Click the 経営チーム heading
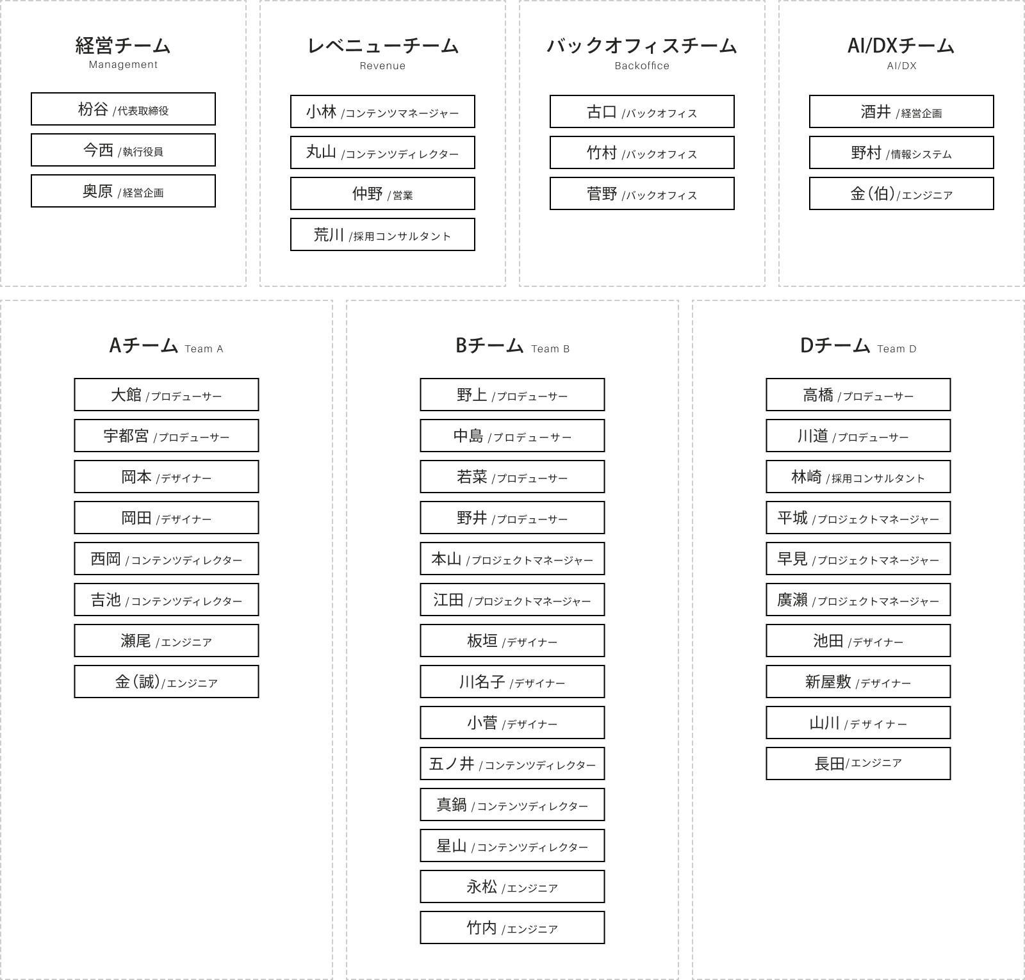tap(123, 45)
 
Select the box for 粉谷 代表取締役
tap(123, 109)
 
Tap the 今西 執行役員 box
tap(123, 150)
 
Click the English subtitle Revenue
tap(382, 65)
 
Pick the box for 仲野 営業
tap(382, 193)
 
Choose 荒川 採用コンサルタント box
tap(382, 234)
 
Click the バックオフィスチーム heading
tap(642, 45)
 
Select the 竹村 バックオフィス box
tap(642, 152)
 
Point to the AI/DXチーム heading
tap(901, 45)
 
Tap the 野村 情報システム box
tap(901, 152)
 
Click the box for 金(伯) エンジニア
tap(901, 193)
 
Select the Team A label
tap(204, 349)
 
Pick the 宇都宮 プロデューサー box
tap(167, 436)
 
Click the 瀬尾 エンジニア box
tap(167, 641)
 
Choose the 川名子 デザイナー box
tap(512, 682)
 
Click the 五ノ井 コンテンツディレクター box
tap(512, 764)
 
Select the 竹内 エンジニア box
tap(512, 927)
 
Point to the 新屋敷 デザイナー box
tap(858, 682)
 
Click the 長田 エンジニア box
tap(858, 764)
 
